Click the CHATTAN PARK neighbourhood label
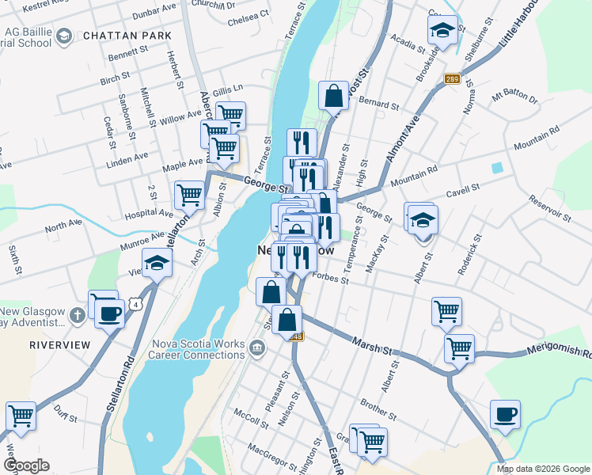click(127, 36)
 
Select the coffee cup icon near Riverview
click(110, 313)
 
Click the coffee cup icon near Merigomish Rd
click(504, 414)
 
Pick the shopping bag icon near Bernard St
click(333, 96)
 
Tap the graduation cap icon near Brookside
click(442, 32)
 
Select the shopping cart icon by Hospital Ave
click(189, 194)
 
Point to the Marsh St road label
click(373, 344)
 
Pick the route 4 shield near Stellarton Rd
click(138, 303)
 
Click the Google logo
click(26, 465)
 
